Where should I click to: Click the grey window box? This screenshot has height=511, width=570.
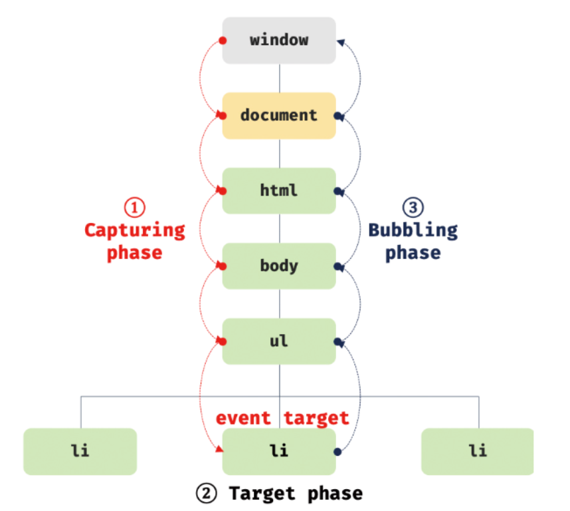(x=279, y=40)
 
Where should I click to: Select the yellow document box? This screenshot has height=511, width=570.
(x=279, y=115)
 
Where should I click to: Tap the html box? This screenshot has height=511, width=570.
(x=279, y=191)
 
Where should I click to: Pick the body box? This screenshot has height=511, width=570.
(x=279, y=266)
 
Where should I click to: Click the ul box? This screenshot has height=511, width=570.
(x=279, y=341)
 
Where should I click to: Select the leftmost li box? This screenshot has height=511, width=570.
(x=80, y=450)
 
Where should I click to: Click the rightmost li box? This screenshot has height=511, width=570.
(x=477, y=450)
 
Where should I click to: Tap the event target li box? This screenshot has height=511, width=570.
(x=279, y=450)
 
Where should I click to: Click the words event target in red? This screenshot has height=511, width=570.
(x=282, y=418)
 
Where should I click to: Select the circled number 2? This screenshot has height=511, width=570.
(x=205, y=493)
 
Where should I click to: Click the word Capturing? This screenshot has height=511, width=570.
(x=134, y=230)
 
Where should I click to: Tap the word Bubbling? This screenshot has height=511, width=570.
(x=413, y=230)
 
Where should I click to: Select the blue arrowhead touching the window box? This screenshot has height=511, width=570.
(x=340, y=42)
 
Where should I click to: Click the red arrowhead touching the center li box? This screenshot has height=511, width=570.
(x=219, y=450)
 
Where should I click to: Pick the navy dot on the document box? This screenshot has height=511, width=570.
(x=337, y=116)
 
